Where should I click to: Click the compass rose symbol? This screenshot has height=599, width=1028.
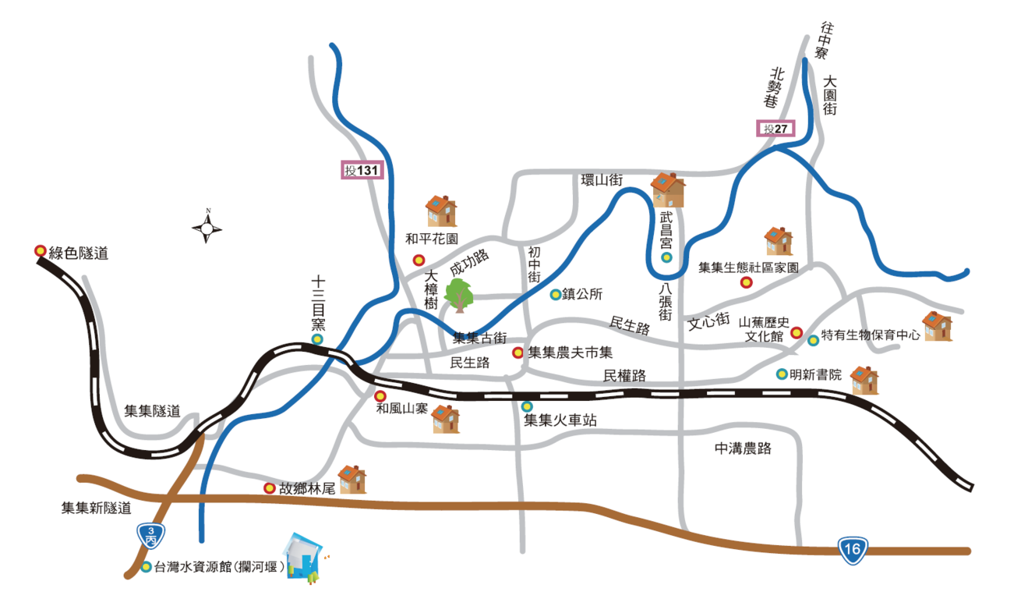click(x=207, y=228)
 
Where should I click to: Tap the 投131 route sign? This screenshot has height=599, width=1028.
click(x=362, y=170)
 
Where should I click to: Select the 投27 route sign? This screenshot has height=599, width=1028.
click(x=776, y=129)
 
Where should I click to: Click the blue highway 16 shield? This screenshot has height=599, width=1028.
click(x=853, y=551)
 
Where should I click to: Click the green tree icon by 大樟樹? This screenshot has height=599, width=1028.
click(x=460, y=295)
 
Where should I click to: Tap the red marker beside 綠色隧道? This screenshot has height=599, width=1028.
click(x=40, y=251)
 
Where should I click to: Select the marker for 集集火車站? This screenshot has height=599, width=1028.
click(x=528, y=406)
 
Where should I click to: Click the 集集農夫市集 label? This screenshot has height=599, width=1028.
click(x=571, y=353)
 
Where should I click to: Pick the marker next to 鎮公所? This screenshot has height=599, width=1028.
click(x=555, y=295)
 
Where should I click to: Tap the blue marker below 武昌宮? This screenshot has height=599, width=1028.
click(x=666, y=257)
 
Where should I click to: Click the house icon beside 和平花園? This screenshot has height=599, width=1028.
click(x=441, y=211)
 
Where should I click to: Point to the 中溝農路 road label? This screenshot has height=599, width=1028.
click(x=743, y=448)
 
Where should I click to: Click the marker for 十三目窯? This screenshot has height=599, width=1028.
click(x=317, y=339)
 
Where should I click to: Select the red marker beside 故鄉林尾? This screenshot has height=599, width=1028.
click(x=270, y=488)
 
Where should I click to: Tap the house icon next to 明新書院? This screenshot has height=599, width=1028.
click(x=864, y=380)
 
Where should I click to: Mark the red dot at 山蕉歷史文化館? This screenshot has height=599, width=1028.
click(x=797, y=332)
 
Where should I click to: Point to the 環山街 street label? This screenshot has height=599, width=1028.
click(x=602, y=180)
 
